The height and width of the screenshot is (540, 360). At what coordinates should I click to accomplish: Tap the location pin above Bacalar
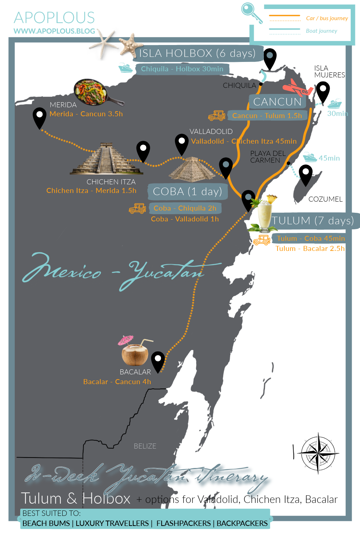pos(158,361)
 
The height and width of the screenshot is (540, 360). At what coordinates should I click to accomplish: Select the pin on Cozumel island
pos(306,174)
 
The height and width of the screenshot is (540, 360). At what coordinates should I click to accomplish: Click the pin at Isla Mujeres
pos(323,91)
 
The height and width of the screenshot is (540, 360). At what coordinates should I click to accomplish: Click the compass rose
pos(318,453)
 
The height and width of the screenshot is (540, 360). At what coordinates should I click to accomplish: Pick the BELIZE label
pos(145,446)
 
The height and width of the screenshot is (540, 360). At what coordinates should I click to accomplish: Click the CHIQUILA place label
pos(239,86)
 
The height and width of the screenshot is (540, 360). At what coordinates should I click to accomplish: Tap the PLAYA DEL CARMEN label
pos(267,157)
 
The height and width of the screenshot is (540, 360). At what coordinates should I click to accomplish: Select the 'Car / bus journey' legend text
pos(327,18)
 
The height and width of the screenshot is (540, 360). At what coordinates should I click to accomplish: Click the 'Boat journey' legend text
pos(321,31)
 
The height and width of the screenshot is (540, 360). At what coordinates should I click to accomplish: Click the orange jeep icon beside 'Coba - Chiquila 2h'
pos(138,208)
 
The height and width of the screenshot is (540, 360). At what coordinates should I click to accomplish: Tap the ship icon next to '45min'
pos(310,157)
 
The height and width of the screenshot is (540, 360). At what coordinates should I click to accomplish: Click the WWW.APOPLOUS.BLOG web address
pos(54,31)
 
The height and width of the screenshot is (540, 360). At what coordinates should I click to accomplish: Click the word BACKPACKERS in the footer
pos(242,523)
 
